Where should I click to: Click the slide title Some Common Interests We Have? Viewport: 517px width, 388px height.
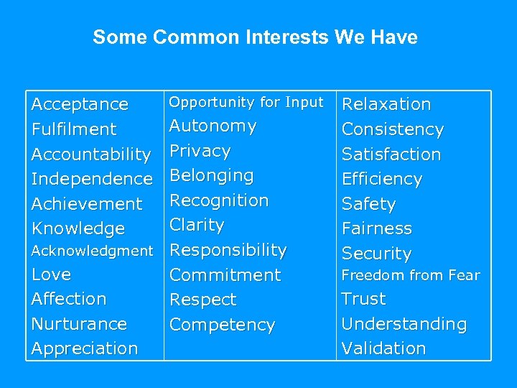point(255,37)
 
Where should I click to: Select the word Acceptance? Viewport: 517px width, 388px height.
point(80,105)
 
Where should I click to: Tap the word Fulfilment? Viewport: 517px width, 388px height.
point(74,129)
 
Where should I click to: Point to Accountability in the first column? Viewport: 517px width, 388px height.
point(91,154)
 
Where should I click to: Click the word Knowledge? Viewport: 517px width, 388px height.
point(78,228)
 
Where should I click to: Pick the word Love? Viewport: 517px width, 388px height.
point(52,274)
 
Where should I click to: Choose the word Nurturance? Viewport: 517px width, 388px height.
point(79,324)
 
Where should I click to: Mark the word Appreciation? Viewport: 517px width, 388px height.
point(85,348)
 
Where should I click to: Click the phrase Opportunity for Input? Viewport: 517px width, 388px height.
point(246,102)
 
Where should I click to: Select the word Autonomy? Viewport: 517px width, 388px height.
point(213,126)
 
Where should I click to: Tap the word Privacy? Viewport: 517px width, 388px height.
point(200,151)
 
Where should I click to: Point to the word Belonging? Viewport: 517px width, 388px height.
point(211,176)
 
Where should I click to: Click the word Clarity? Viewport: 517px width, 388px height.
point(197,225)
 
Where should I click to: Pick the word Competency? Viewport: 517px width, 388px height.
point(222,325)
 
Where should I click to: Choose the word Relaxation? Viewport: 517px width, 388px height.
point(386,105)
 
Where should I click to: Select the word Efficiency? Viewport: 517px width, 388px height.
point(382,179)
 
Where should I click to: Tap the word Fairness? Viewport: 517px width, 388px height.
point(377,228)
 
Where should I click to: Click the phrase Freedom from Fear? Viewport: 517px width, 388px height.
point(411,275)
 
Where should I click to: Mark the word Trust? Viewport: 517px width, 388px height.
point(363,299)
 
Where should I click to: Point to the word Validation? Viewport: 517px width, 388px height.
point(383,348)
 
